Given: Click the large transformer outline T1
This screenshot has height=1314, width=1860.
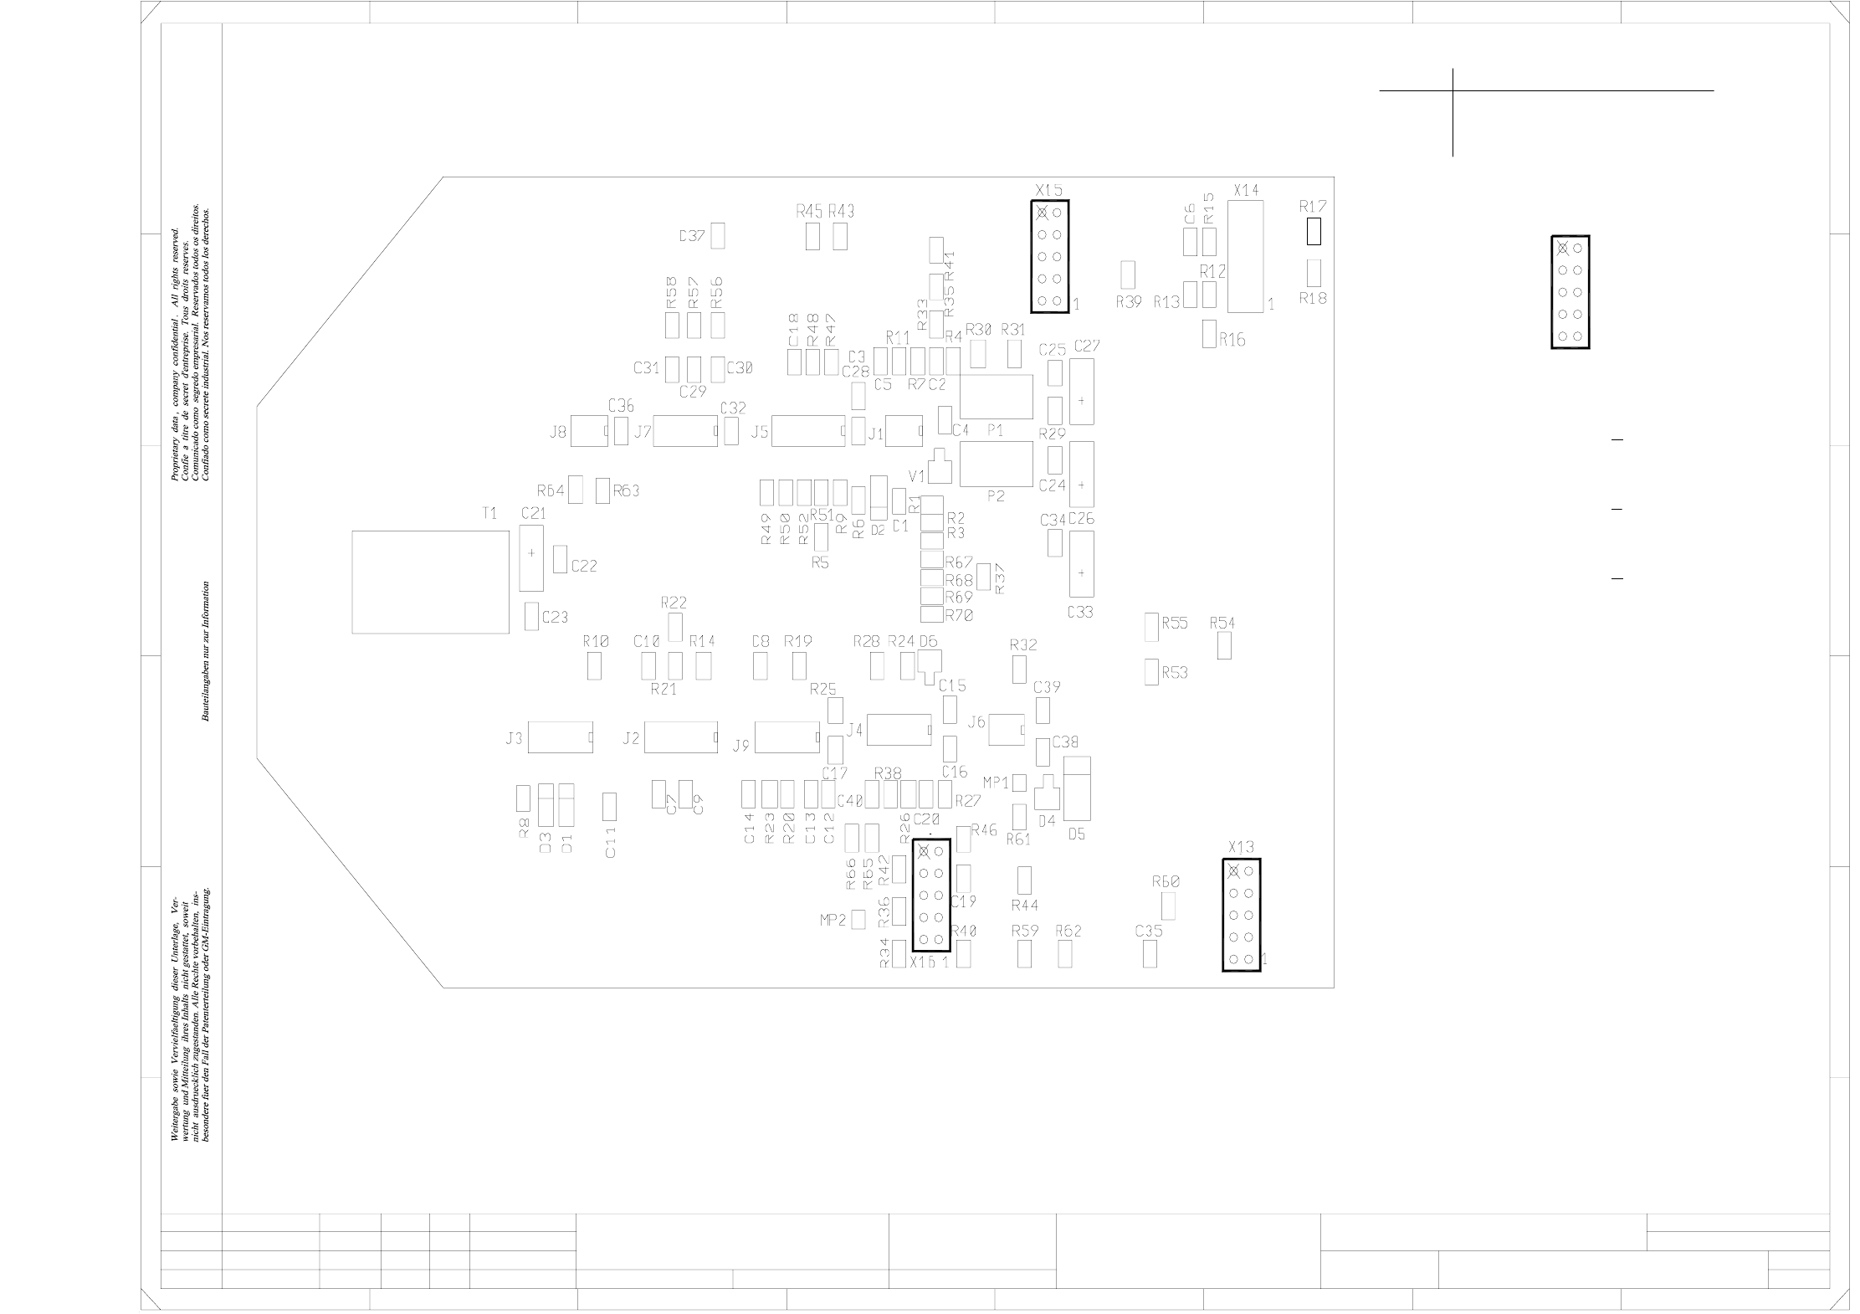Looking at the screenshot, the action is click(430, 582).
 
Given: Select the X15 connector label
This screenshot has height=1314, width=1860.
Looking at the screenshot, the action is click(1048, 190).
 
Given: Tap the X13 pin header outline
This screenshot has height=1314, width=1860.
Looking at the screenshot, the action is click(1241, 915).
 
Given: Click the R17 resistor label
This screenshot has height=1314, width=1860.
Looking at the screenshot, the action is click(1313, 206).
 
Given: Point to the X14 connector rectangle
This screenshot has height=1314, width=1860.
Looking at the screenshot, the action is click(1246, 256).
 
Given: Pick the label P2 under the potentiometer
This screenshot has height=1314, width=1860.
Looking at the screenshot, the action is click(996, 496).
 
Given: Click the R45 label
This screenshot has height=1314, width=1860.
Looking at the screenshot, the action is click(809, 212).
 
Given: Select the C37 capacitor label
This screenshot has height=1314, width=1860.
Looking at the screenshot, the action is click(692, 236).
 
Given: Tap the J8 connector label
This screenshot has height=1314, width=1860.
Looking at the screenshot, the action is click(558, 433).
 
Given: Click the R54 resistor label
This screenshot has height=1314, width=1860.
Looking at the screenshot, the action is click(1222, 623).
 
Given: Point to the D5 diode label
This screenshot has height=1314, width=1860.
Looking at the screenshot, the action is click(1077, 834).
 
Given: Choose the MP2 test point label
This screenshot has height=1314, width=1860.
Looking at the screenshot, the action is click(833, 921).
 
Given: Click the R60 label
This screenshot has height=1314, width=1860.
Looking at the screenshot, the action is click(1166, 881).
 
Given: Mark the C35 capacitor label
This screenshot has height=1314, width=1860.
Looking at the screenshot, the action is click(1149, 931).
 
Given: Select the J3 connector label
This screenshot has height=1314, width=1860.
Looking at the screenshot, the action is click(514, 738).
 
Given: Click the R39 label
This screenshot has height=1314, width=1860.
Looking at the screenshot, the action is click(1129, 302).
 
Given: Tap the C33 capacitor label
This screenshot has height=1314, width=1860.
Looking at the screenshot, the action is click(1080, 613).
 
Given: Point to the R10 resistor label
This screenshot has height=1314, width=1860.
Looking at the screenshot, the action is click(596, 642).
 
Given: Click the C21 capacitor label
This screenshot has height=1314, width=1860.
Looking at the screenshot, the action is click(533, 513).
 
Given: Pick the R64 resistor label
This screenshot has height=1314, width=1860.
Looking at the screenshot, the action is click(551, 490).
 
